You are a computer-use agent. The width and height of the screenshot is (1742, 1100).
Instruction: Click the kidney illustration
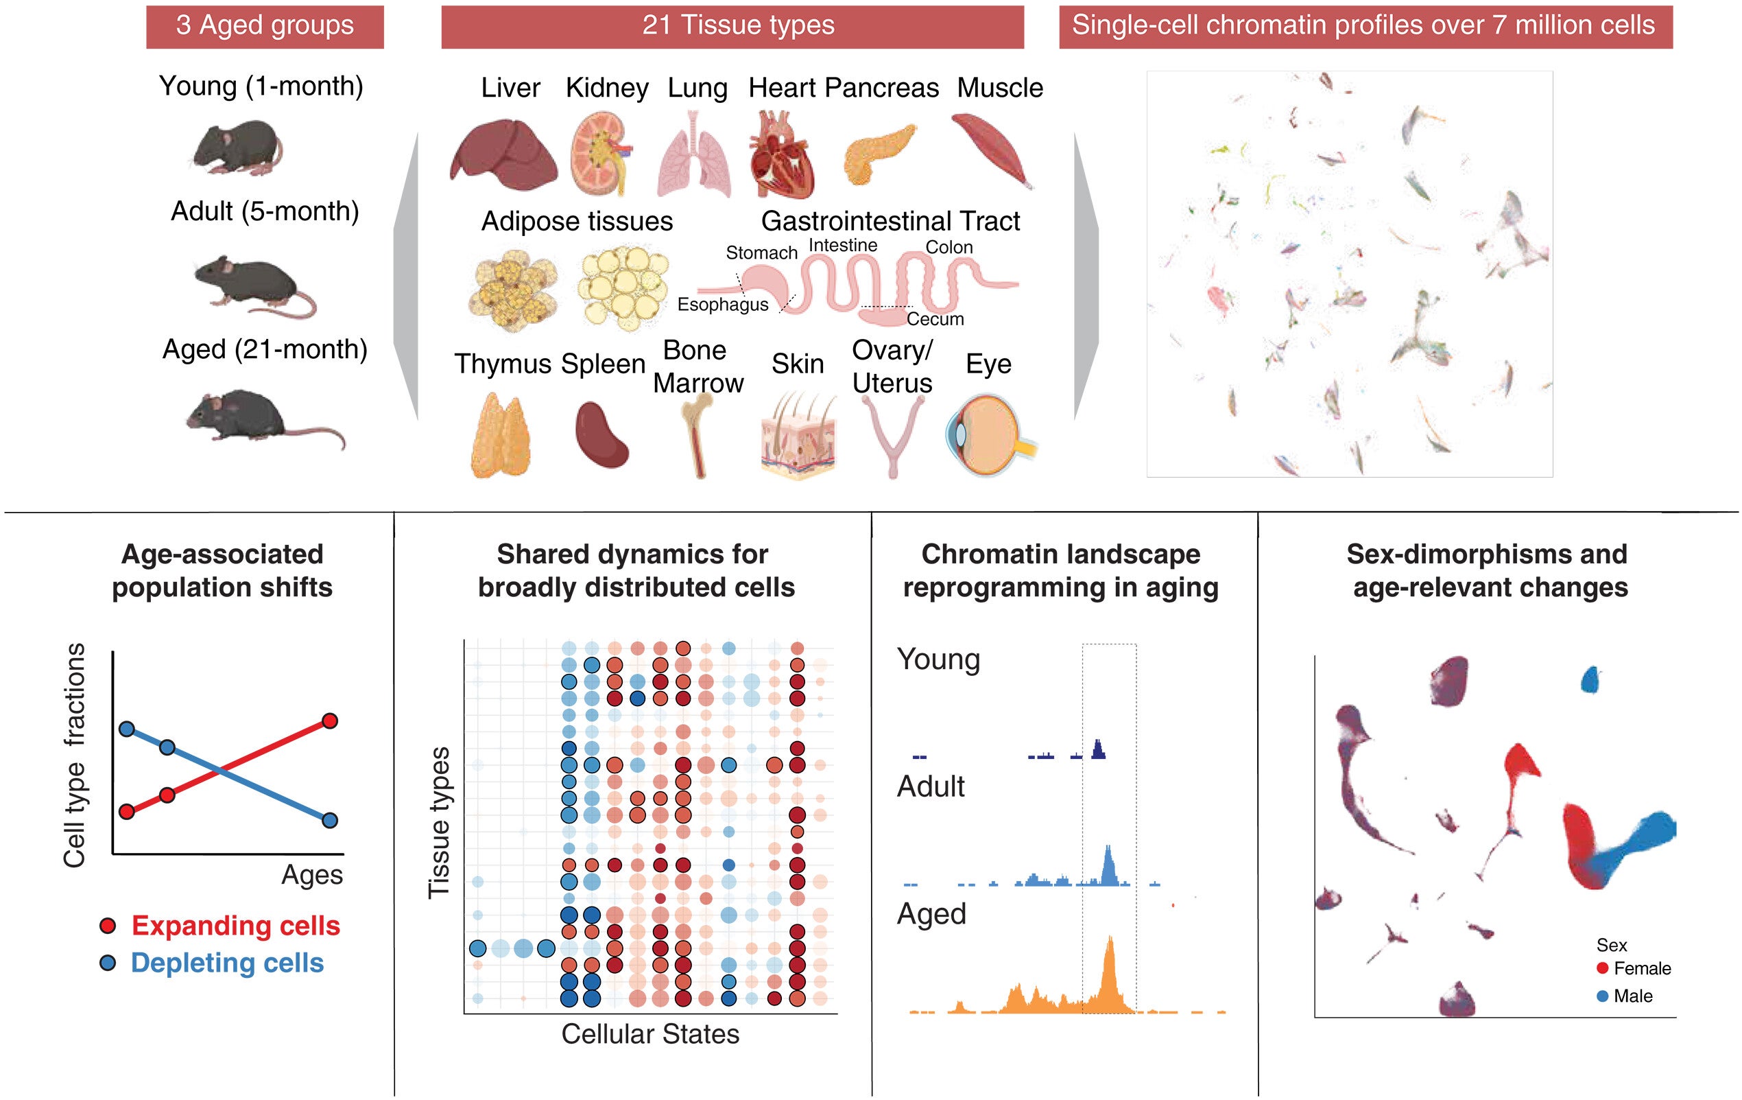point(599,154)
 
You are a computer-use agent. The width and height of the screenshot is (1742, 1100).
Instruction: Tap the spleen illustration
point(602,435)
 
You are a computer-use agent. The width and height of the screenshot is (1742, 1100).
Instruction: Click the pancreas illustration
point(876,154)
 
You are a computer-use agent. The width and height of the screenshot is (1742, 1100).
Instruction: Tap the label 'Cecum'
point(935,319)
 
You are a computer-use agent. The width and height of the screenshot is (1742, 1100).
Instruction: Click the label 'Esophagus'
point(722,305)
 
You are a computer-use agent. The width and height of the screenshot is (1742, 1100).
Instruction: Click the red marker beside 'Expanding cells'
point(108,926)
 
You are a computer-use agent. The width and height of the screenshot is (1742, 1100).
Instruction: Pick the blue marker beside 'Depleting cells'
point(108,963)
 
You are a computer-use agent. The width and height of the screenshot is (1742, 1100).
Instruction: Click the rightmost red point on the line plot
point(330,721)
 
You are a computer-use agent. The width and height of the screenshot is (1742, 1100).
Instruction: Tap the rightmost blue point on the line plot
point(330,821)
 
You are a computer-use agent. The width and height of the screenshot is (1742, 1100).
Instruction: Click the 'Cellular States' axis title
point(649,1034)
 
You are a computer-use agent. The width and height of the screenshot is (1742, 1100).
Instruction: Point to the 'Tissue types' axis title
point(439,823)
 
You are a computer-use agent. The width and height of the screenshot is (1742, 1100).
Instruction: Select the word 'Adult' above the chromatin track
point(930,786)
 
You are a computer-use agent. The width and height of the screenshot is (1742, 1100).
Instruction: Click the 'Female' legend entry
point(1641,968)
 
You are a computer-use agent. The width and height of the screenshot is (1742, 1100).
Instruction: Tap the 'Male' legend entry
point(1632,996)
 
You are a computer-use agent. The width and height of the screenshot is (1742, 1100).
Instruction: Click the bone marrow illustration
point(697,436)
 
